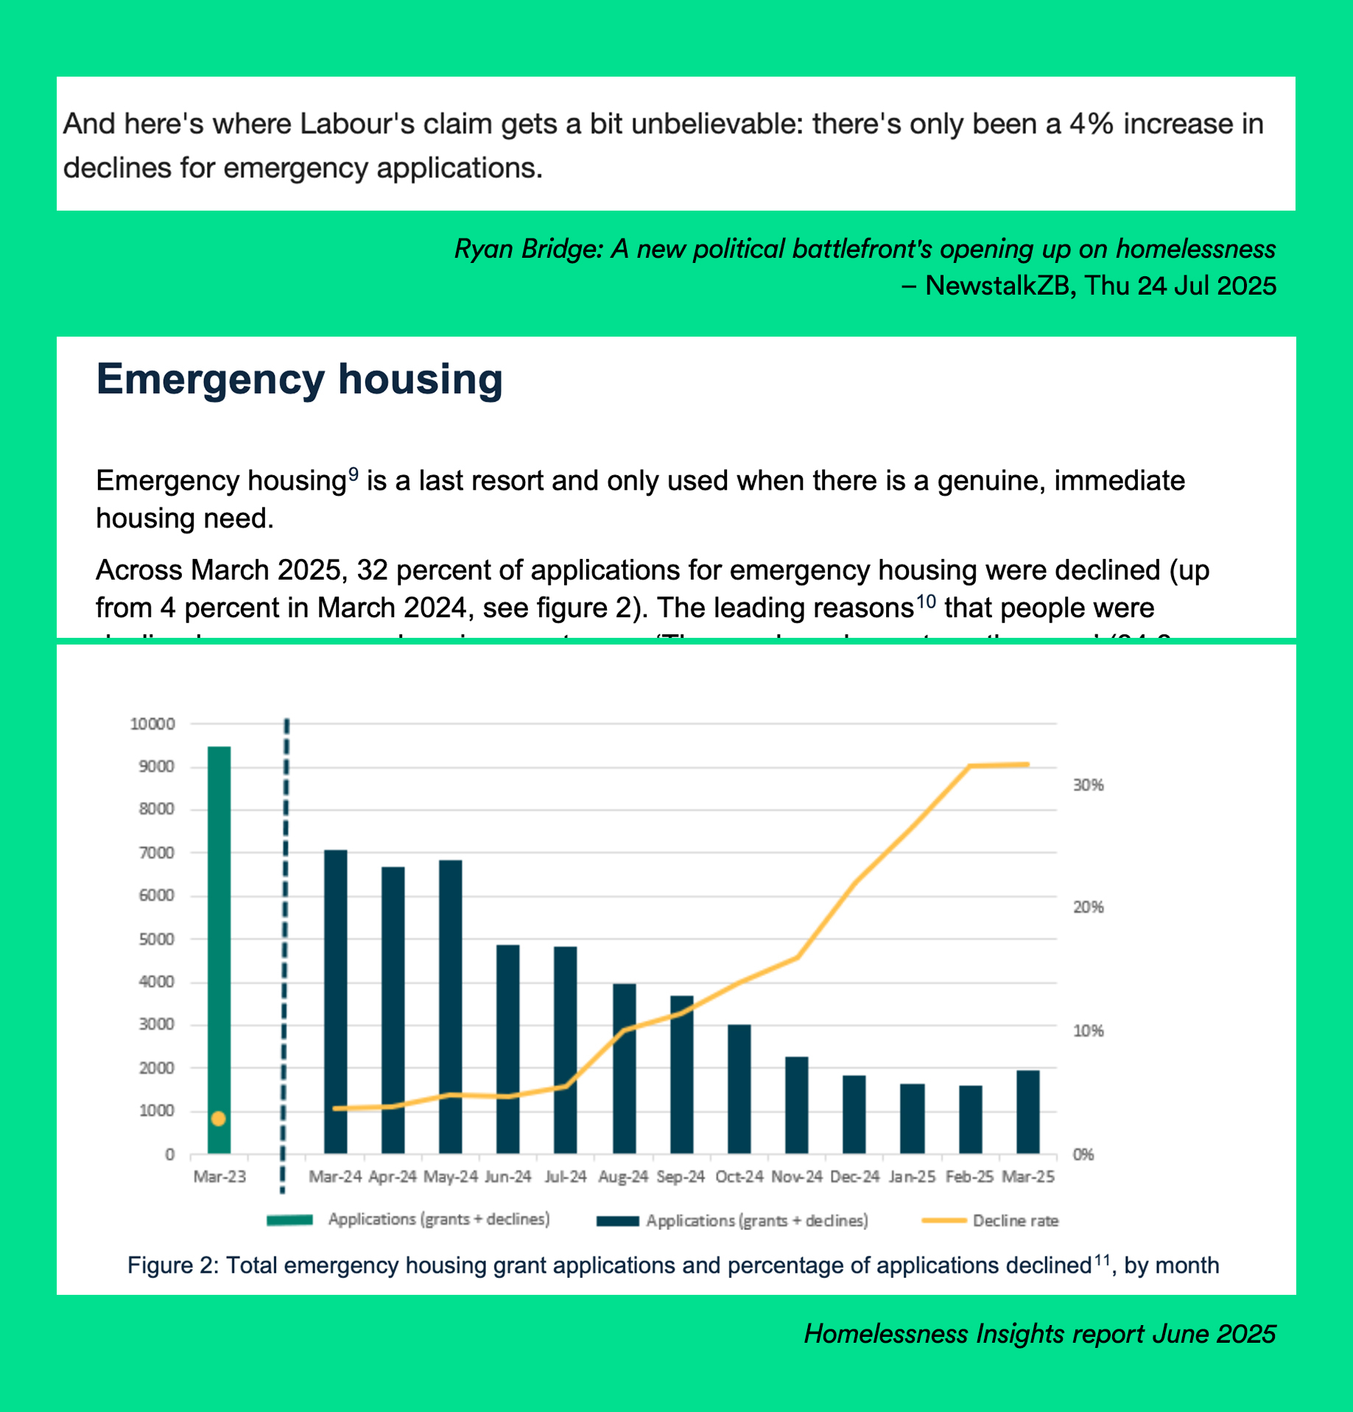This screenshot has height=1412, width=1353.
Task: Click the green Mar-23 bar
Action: point(219,921)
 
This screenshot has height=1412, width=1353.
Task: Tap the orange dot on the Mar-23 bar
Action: point(218,1119)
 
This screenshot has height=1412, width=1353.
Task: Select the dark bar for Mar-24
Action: point(335,1002)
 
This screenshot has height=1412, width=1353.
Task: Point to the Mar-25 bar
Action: point(1027,1111)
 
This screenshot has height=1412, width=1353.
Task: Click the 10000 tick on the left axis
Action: point(152,724)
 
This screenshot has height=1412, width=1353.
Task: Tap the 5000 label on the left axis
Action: point(157,939)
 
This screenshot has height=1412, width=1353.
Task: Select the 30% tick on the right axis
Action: point(1088,785)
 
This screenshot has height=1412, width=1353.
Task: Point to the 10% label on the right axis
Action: point(1088,1030)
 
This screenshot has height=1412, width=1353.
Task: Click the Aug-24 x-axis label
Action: point(622,1177)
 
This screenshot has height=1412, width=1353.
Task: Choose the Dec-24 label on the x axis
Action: point(854,1177)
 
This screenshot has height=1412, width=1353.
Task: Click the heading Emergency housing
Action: point(299,379)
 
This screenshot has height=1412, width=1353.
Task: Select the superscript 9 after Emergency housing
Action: point(354,474)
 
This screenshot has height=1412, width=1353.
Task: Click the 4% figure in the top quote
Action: point(1091,124)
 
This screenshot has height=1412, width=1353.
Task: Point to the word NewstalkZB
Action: point(997,285)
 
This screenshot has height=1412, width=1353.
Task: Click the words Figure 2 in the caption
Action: point(170,1265)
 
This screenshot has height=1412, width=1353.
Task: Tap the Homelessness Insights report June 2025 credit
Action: point(1039,1334)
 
